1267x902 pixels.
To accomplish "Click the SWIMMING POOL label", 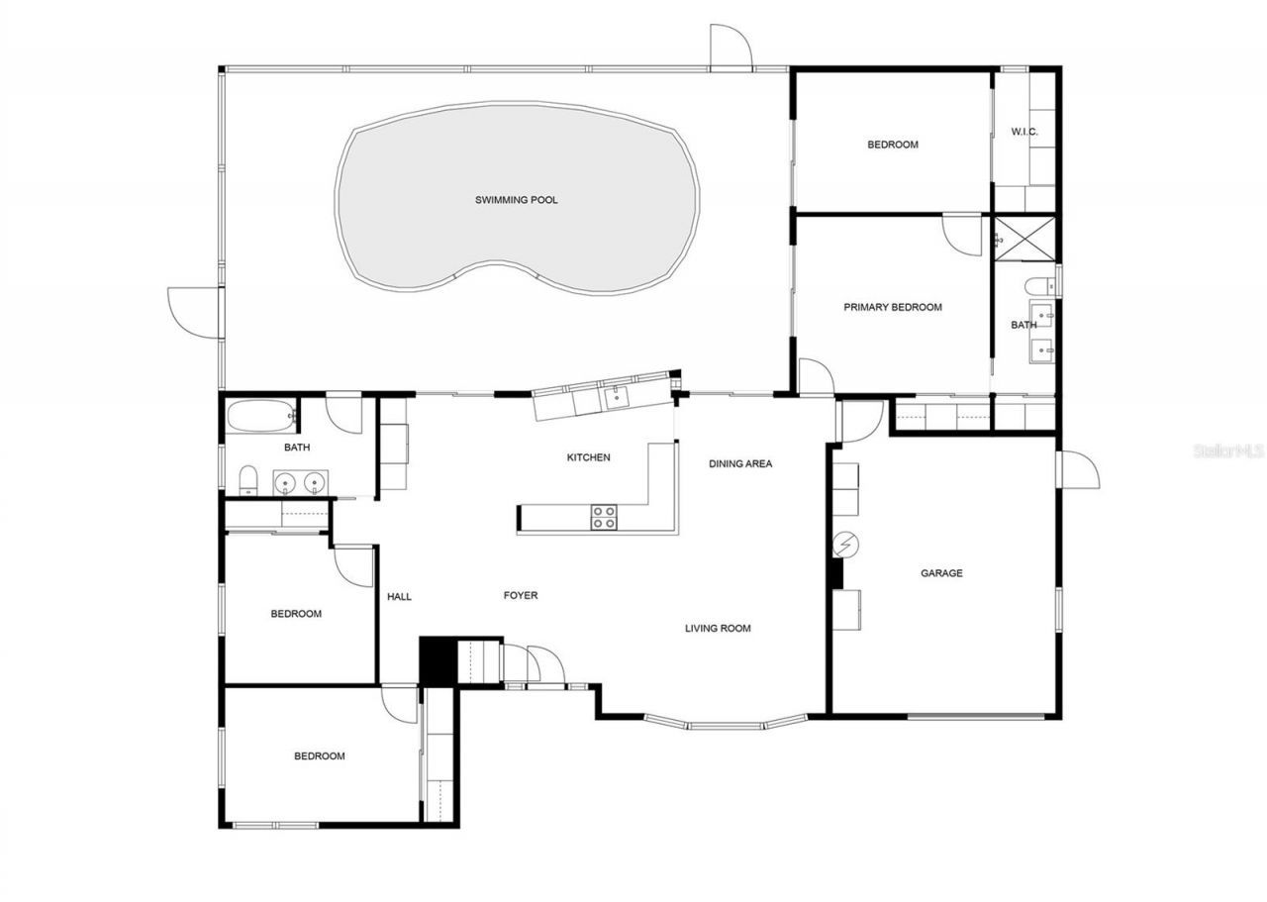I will point(516,200).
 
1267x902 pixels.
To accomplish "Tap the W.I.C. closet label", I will point(1023,132).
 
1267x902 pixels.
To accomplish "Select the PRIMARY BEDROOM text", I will point(892,307).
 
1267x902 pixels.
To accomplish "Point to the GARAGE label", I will point(941,573).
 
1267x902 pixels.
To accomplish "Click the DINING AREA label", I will point(740,463).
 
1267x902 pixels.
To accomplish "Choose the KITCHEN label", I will point(588,457).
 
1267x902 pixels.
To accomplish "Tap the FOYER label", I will point(521,595).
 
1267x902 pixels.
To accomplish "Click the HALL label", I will point(399,596).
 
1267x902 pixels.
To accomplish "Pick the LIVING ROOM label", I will point(718,628).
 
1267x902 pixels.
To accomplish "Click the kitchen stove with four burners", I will point(604,517).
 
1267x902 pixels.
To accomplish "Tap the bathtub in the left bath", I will point(260,416).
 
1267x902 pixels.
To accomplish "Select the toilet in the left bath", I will point(248,479).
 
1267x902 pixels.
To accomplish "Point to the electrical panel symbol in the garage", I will point(846,544).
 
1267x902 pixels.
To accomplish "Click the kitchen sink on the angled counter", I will point(616,397).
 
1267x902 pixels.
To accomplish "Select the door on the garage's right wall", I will point(1078,469).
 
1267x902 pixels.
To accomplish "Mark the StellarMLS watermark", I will point(1227,451).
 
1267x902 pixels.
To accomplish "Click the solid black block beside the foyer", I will point(434,660).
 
